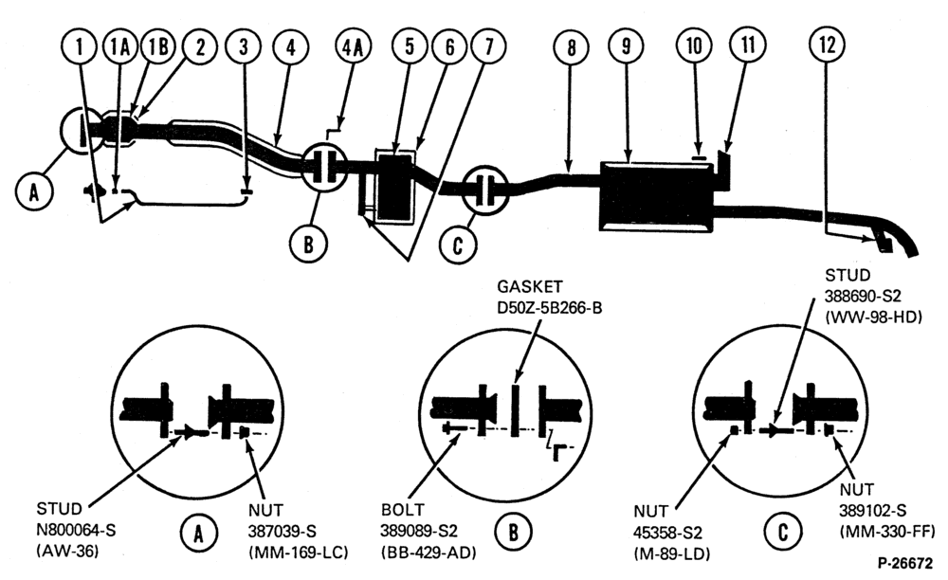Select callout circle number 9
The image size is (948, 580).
(x=626, y=45)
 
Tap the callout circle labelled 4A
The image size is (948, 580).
(x=353, y=46)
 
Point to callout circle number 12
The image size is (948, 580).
(x=827, y=45)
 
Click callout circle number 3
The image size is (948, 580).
(x=244, y=46)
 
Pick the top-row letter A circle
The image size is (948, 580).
(x=33, y=192)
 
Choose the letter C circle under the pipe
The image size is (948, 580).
(x=458, y=245)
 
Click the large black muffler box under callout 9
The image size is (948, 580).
(x=656, y=196)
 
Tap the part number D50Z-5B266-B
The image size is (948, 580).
(x=550, y=307)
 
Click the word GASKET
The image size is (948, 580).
(x=530, y=286)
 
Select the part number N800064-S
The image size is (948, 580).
(x=76, y=530)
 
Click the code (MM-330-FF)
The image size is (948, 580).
(x=887, y=531)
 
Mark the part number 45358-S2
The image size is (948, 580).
(x=668, y=533)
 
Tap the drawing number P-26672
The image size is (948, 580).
(x=904, y=563)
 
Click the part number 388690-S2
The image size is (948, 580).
(x=863, y=296)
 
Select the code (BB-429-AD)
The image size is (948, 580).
(x=428, y=552)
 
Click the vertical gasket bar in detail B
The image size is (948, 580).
(x=516, y=409)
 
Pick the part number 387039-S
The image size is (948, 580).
(x=283, y=531)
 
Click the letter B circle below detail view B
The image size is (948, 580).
(x=513, y=532)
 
